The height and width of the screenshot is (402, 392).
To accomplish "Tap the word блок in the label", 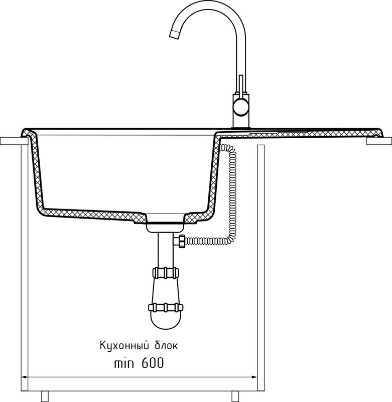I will coord(163,346).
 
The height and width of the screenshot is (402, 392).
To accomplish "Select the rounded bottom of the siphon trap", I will coord(166,320).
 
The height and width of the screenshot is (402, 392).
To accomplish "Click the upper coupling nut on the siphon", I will coord(166,273).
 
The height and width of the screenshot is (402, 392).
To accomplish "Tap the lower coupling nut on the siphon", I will coord(166,307).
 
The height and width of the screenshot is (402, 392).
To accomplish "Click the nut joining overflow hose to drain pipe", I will coord(179,241).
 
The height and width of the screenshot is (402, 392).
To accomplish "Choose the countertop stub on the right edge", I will coord(379,142).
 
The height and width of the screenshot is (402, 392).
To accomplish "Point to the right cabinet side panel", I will coord(260,266).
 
